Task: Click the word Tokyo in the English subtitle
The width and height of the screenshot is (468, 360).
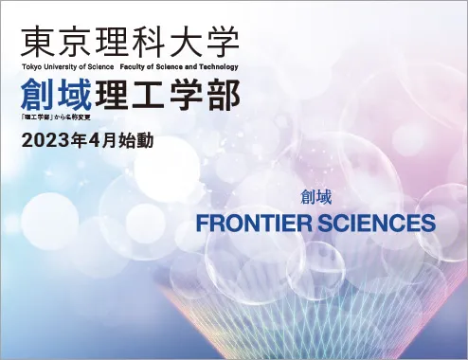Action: pyautogui.click(x=29, y=67)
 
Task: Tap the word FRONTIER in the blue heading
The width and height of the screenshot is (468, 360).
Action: pyautogui.click(x=254, y=223)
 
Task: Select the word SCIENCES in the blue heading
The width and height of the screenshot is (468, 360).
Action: pyautogui.click(x=377, y=223)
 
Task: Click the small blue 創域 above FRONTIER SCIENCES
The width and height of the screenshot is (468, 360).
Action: pyautogui.click(x=315, y=198)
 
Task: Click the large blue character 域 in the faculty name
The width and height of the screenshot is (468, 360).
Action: pyautogui.click(x=75, y=95)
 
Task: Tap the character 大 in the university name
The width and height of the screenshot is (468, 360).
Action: pyautogui.click(x=186, y=42)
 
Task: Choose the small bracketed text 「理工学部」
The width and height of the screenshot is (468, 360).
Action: pyautogui.click(x=37, y=117)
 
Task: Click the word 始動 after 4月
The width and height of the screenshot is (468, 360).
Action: pyautogui.click(x=136, y=141)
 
